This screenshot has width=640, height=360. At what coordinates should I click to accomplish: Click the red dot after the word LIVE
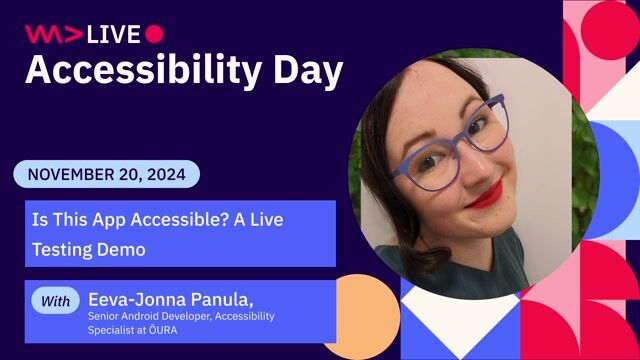point(154,33)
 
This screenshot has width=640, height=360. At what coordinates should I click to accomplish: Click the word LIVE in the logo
point(113,34)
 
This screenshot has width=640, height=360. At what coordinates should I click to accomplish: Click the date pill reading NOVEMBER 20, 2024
point(106,174)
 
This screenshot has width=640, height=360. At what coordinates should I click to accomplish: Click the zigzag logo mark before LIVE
point(53,34)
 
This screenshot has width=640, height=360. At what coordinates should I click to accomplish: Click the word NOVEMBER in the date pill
point(71,174)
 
